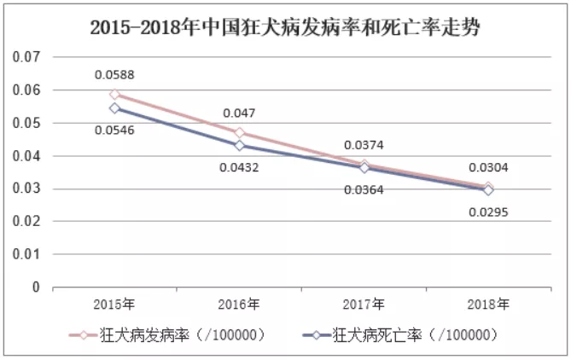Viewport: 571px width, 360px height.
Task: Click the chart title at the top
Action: coord(285,27)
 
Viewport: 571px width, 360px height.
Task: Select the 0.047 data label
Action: coord(239,112)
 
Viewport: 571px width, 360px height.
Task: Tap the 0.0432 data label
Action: coord(239,166)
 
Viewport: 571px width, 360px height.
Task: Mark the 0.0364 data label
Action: coord(364,189)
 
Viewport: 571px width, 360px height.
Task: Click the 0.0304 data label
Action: coord(487,168)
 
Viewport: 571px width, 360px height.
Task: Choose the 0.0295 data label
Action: coord(487,211)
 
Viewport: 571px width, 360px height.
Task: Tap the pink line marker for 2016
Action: coord(240,132)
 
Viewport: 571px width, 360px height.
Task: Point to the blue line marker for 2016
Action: coord(240,145)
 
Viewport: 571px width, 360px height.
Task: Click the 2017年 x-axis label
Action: coord(364,305)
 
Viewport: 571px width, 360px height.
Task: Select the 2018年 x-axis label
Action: coord(487,305)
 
